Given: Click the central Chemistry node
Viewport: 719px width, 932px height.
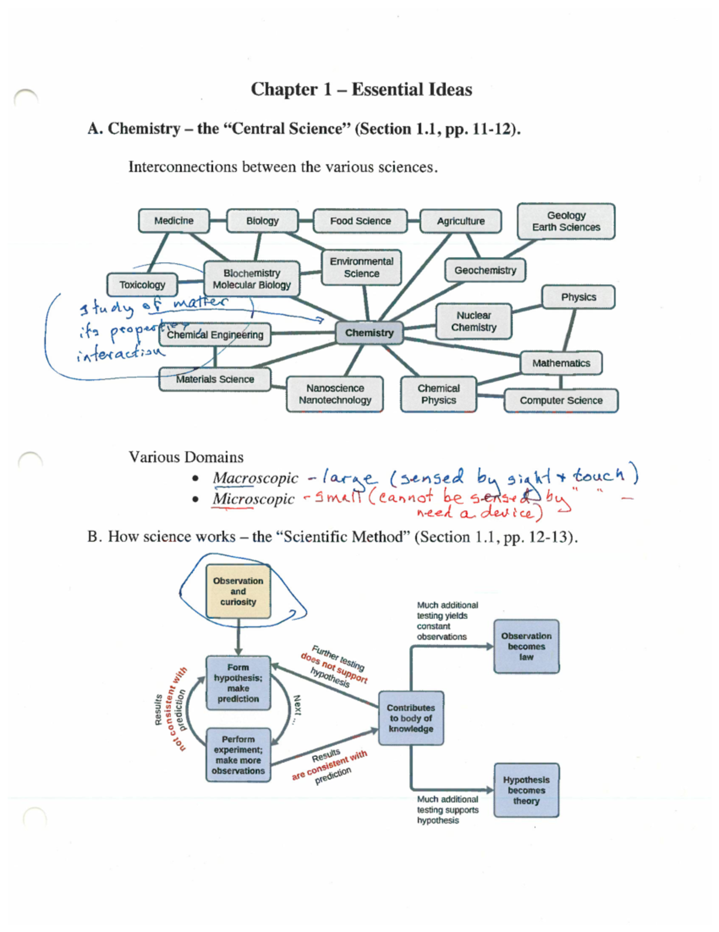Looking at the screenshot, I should [369, 333].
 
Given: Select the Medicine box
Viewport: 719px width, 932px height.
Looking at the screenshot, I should [174, 221].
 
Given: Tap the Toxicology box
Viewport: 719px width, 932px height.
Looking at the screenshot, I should [142, 285].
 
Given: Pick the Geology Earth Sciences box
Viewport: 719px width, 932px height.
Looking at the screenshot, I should [566, 221].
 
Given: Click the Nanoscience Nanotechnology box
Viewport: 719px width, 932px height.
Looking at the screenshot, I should [335, 394].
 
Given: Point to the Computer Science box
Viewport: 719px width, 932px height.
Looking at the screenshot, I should [561, 400].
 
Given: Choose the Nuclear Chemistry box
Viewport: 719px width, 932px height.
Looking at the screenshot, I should [473, 321].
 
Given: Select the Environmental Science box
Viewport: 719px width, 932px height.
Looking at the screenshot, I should [361, 267].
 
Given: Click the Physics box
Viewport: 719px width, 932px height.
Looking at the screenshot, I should [578, 297].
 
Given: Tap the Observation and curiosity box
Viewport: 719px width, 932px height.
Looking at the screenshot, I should [238, 591].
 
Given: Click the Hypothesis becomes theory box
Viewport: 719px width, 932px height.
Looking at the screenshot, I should [526, 790].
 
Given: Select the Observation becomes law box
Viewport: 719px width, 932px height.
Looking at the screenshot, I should [526, 647].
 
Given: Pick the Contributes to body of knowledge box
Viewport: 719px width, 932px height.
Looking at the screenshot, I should [410, 718].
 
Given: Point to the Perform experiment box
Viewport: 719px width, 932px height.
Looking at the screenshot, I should [238, 755].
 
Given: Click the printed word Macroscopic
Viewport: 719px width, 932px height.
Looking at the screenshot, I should [255, 478].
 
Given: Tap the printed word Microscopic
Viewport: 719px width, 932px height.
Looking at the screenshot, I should [253, 499].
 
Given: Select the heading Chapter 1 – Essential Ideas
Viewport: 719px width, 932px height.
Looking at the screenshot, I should [361, 89].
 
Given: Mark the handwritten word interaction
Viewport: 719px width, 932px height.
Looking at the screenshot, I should [120, 353].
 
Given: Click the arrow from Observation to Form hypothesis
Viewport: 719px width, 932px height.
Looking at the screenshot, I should [238, 637].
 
